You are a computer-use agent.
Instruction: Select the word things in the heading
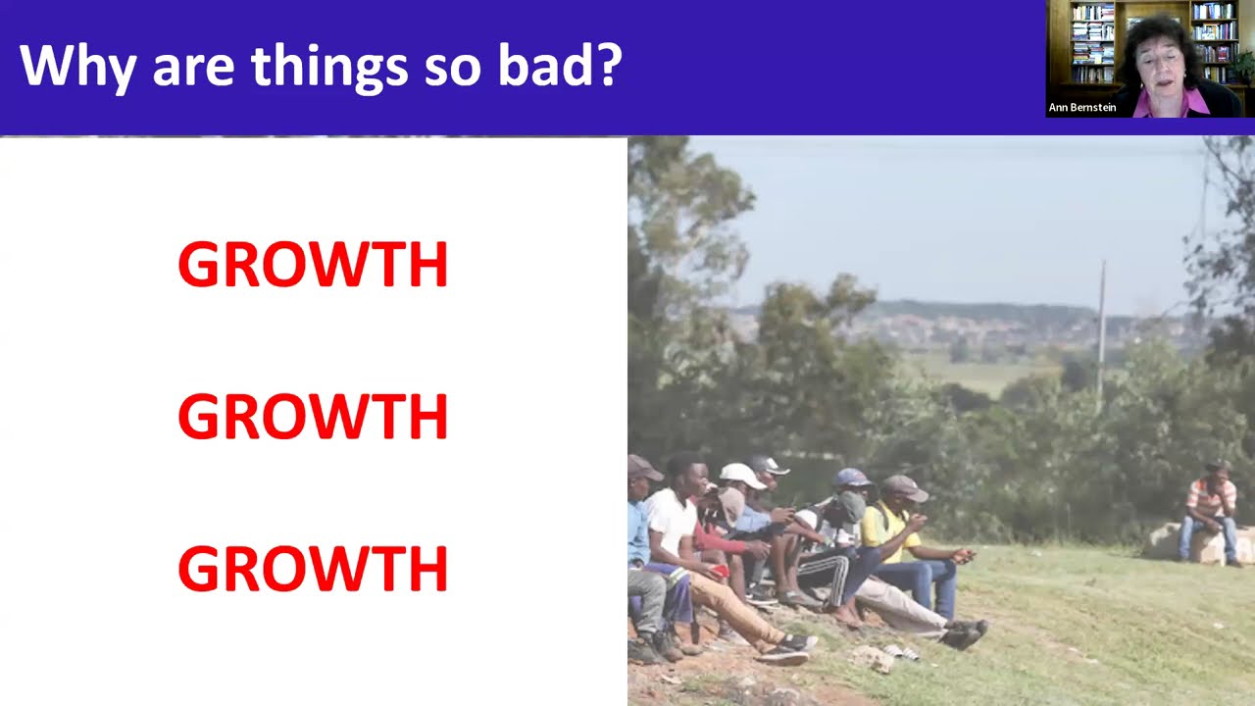(328, 67)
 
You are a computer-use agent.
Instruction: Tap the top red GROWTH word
(313, 265)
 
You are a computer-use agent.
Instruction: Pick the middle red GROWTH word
(313, 417)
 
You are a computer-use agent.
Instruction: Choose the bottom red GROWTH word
(313, 569)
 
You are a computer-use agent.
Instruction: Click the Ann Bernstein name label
(1082, 108)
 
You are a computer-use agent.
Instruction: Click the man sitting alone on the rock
(1211, 510)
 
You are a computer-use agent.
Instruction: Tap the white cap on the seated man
(741, 476)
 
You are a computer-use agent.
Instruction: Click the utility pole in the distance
(1101, 324)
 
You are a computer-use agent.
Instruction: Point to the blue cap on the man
(852, 478)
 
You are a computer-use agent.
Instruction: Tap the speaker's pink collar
(1177, 102)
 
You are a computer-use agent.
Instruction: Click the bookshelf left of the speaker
(1091, 44)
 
